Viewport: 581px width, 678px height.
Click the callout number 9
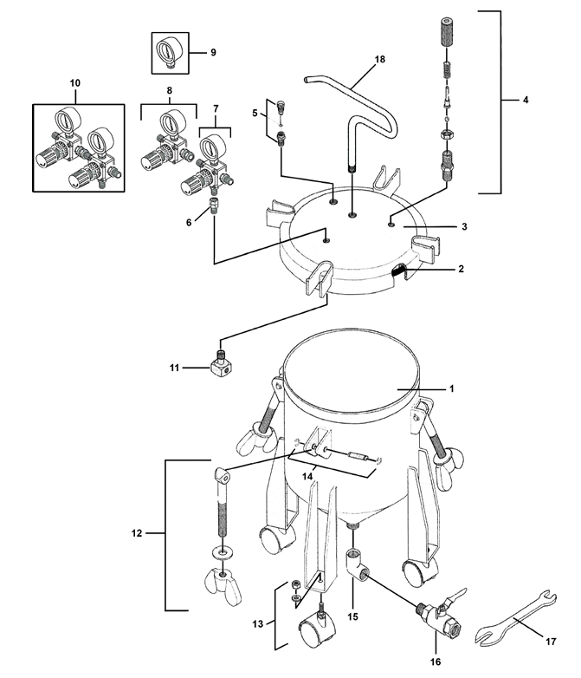(213, 52)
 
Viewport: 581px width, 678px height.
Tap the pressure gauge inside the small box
(168, 52)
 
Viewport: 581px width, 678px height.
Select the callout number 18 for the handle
(380, 59)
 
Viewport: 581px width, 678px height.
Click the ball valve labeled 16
(441, 612)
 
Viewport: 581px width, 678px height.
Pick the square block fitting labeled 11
(223, 364)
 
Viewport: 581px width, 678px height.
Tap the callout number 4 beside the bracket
(526, 100)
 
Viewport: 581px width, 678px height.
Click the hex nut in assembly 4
(446, 134)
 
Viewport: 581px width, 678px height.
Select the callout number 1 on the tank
(451, 388)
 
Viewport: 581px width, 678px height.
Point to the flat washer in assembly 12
(223, 552)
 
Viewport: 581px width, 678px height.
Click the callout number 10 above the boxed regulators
(74, 83)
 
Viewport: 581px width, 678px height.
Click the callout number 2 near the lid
(461, 269)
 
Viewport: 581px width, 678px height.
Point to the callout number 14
(307, 476)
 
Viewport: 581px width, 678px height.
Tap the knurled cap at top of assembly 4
(447, 31)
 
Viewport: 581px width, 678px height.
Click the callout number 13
(258, 624)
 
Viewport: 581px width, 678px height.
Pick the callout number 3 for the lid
(464, 226)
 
